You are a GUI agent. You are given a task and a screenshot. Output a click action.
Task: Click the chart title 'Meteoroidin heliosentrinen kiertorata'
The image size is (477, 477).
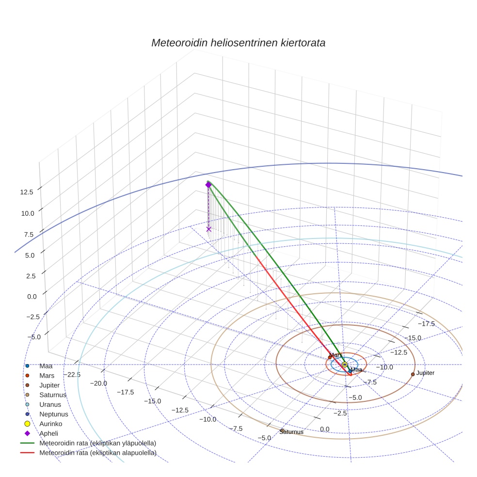(238, 43)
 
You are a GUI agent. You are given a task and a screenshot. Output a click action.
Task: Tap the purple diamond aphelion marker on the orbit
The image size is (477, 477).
(208, 185)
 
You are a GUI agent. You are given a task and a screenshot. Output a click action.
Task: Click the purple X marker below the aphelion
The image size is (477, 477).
(209, 229)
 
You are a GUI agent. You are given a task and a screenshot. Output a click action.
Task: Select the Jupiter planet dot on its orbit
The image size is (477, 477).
(413, 374)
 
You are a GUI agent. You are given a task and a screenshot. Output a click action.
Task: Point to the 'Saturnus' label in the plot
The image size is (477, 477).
(291, 432)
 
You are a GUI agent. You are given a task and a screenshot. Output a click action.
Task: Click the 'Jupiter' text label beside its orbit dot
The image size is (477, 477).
(425, 373)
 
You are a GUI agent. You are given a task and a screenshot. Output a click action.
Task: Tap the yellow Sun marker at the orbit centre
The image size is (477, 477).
(345, 365)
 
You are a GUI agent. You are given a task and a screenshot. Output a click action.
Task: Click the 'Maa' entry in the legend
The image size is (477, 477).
(46, 366)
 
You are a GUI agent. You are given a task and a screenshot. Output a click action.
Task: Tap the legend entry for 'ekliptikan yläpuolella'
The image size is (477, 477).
(97, 443)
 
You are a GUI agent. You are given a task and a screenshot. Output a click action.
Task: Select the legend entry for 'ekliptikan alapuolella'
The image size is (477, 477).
(98, 453)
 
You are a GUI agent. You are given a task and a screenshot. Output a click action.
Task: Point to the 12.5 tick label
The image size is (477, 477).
(27, 192)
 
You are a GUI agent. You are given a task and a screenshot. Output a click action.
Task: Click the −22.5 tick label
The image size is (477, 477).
(71, 374)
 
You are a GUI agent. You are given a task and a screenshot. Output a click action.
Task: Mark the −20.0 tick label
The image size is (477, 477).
(98, 383)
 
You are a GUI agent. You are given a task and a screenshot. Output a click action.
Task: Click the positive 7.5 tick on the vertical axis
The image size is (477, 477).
(29, 235)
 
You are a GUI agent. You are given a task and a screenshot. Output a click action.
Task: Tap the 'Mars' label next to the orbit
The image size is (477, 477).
(336, 355)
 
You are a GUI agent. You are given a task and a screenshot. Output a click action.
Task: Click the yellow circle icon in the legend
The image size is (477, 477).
(28, 424)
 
